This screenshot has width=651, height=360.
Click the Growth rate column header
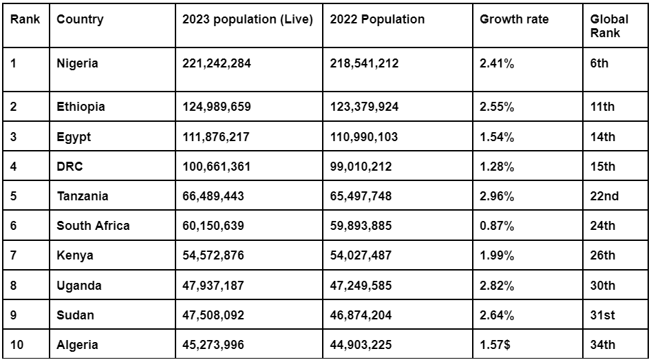514,19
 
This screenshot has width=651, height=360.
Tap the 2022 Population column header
377,19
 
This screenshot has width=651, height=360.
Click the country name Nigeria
77,63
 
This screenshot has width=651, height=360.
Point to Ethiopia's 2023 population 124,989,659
216,107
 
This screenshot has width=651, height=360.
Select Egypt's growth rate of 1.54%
497,137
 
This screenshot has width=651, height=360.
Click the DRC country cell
70,167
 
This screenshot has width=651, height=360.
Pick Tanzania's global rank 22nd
604,196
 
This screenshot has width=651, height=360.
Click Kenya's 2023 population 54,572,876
213,255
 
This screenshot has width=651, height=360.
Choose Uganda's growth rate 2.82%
497,286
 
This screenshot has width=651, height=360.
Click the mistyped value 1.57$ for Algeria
495,345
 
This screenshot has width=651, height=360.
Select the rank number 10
17,345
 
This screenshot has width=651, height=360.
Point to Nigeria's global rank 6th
599,63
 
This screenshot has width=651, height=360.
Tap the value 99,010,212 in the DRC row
361,167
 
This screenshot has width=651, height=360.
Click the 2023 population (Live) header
247,19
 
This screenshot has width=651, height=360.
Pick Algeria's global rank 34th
603,345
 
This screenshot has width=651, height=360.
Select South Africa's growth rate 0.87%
497,226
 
